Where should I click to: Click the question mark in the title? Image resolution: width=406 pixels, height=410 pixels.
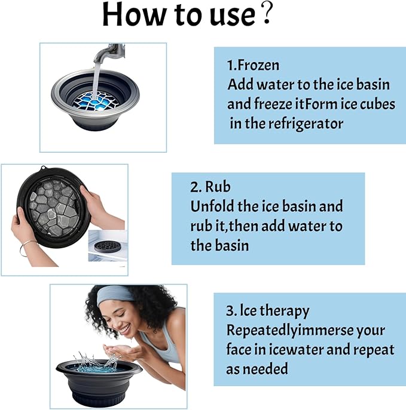(x=267, y=16)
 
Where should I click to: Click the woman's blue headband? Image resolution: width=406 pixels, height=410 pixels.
(x=117, y=294)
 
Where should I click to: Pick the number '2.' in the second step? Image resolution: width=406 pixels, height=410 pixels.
(x=196, y=187)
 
